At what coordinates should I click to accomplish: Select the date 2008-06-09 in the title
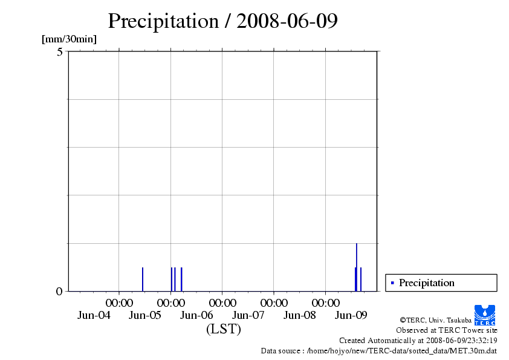click(x=287, y=21)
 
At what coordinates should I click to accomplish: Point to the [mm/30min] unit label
click(x=69, y=39)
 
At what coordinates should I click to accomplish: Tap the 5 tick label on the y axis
click(x=60, y=52)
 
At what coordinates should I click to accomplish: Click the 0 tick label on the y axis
click(x=59, y=292)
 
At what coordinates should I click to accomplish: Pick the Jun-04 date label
click(x=94, y=315)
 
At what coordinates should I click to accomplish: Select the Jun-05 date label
click(x=145, y=315)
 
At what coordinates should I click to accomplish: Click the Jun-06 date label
click(x=197, y=315)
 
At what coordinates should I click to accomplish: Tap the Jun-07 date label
click(x=248, y=315)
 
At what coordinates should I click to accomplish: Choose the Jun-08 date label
click(x=300, y=315)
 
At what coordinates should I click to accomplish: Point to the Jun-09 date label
click(x=351, y=315)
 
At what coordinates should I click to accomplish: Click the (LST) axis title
click(x=223, y=329)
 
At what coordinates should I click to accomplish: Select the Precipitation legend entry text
click(x=427, y=283)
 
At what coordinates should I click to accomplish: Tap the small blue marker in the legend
click(x=392, y=283)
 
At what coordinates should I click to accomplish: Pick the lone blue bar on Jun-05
click(x=143, y=279)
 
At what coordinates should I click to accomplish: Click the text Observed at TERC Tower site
click(x=447, y=330)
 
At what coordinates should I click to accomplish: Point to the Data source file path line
click(x=379, y=350)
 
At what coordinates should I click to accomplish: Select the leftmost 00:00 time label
click(x=119, y=303)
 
